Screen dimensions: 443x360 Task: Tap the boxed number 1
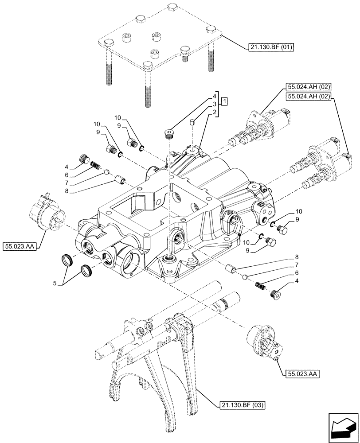coord(225,102)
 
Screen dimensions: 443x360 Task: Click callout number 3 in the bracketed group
coord(214,104)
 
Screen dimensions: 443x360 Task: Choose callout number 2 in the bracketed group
coord(214,113)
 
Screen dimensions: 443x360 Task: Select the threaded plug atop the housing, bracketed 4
coord(169,133)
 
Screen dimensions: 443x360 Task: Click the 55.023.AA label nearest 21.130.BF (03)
coord(300,374)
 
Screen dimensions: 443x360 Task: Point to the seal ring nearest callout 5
coord(68,260)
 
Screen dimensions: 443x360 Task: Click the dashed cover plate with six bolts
coord(160,42)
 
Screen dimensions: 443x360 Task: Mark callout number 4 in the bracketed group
coord(214,96)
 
